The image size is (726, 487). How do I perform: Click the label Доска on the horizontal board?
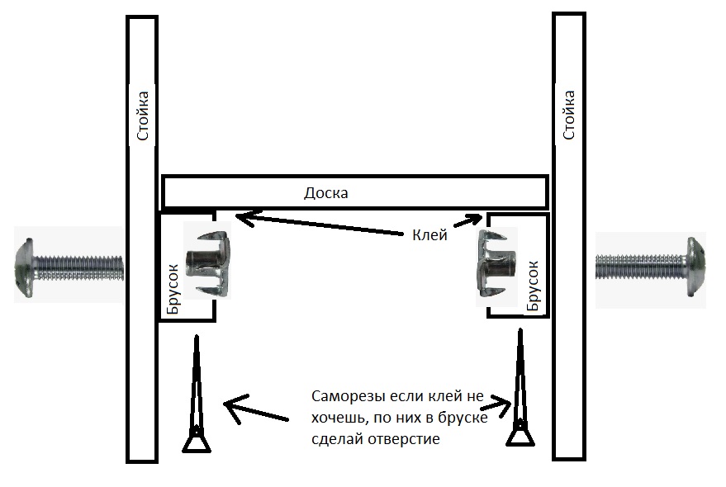click(x=326, y=192)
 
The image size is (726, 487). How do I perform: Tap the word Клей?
click(x=429, y=234)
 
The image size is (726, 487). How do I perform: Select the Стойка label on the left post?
click(x=142, y=116)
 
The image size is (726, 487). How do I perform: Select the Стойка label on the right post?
click(x=568, y=115)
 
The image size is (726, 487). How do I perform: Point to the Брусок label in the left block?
click(x=173, y=290)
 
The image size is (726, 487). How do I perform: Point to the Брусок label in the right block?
click(x=533, y=286)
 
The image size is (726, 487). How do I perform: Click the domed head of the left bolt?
click(x=24, y=267)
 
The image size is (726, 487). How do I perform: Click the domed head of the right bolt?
click(x=695, y=267)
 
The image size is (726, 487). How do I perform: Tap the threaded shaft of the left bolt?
click(x=78, y=268)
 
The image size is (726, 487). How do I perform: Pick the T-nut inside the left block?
click(x=208, y=263)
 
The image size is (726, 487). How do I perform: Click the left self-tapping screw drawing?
click(x=197, y=394)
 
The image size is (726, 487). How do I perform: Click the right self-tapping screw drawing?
click(x=520, y=388)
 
